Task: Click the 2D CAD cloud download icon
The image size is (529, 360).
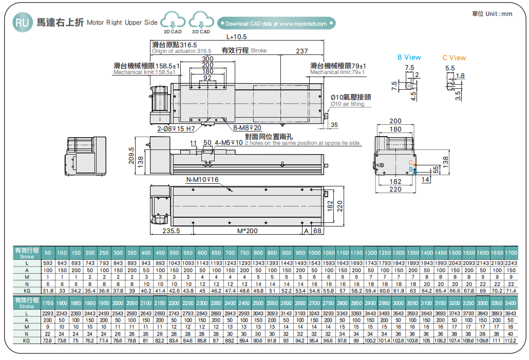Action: tap(173, 22)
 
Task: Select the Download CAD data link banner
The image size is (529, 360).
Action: tap(277, 24)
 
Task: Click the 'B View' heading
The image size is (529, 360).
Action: tap(409, 58)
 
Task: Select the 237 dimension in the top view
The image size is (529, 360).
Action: tap(302, 51)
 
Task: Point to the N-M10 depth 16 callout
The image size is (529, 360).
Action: tap(202, 180)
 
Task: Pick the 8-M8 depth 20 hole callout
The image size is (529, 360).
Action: tap(247, 128)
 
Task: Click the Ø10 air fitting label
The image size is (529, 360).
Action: tap(350, 100)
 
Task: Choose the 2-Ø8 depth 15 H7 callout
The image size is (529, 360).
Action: tap(176, 128)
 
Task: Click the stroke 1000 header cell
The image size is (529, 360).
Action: tap(314, 253)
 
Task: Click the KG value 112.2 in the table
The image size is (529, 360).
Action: tap(511, 340)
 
